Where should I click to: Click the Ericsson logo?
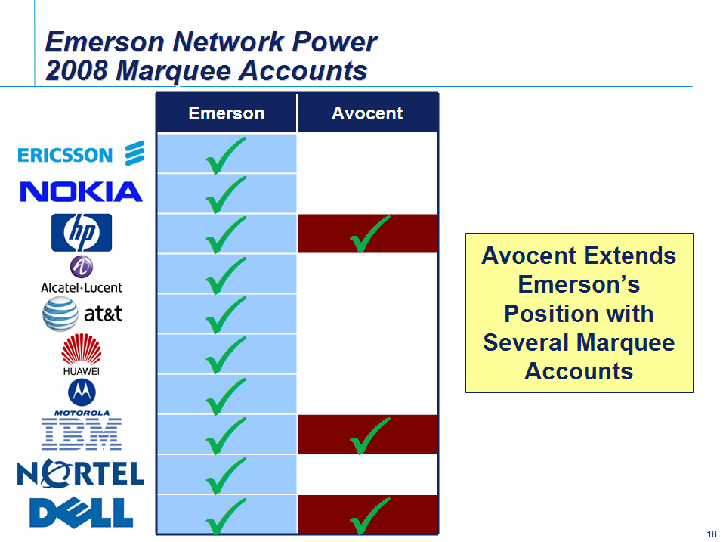(81, 153)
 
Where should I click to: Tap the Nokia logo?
(81, 191)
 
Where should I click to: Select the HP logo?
(81, 233)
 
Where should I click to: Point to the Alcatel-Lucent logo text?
(82, 288)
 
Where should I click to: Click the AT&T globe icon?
(60, 314)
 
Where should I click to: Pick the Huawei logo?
(81, 355)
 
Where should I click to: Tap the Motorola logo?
(82, 398)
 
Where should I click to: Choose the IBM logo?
(82, 434)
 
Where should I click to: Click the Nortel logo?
(81, 473)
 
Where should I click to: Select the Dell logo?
(81, 513)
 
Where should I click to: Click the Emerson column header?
(227, 113)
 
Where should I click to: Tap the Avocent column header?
(367, 113)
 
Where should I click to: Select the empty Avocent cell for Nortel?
(367, 474)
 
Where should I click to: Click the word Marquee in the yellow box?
(626, 342)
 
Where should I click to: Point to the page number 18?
(712, 534)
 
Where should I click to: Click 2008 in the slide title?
(76, 70)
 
